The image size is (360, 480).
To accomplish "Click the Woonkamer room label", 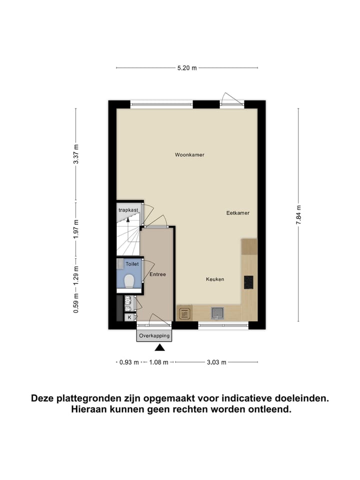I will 189,155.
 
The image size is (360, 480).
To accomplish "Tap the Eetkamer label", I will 237,213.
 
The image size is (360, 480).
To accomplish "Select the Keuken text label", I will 215,279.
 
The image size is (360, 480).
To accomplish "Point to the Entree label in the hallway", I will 157,274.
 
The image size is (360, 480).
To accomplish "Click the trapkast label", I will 128,210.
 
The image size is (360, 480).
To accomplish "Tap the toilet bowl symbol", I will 129,281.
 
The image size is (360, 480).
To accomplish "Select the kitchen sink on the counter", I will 217,313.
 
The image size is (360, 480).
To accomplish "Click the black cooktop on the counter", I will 248,282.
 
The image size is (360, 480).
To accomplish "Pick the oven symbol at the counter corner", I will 184,314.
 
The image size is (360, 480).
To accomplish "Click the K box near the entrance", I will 129,317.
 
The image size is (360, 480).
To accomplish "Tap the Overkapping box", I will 154,335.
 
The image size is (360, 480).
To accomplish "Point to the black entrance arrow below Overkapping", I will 159,348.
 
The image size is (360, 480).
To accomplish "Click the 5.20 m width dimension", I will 187,68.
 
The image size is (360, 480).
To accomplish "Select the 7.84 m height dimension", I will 298,215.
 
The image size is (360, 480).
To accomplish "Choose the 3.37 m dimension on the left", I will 76,154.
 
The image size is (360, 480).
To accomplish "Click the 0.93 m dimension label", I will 129,362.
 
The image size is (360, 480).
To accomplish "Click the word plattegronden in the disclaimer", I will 89,398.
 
